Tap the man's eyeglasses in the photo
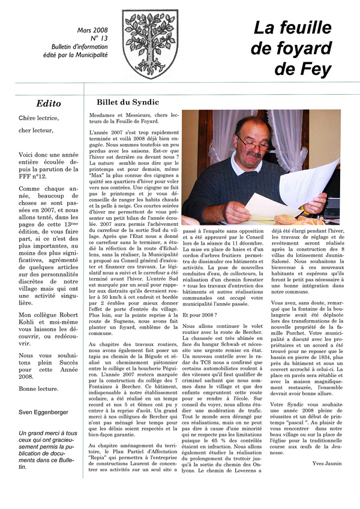pos(252,143)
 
